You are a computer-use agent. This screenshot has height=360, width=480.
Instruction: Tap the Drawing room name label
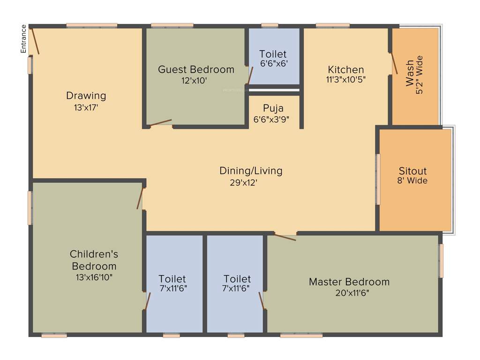coord(86,96)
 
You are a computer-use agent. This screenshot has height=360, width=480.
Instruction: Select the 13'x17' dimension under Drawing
coord(86,107)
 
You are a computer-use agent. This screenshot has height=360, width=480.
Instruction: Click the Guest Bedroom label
coord(196,70)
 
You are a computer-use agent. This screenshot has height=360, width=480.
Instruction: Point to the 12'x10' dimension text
coord(195,81)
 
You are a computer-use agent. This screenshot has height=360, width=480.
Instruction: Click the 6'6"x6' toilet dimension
coord(273,64)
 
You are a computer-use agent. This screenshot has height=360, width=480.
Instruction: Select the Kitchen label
coord(345,70)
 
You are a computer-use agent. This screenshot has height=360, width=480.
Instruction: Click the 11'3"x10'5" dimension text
coord(346,80)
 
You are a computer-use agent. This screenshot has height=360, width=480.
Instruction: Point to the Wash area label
coord(410,73)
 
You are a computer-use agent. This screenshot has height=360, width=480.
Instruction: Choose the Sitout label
coord(412,171)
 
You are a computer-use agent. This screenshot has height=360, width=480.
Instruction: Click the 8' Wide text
coord(412,180)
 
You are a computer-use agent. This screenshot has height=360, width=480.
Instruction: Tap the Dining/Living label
coord(251,171)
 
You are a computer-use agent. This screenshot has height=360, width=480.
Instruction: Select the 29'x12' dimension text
coord(244,183)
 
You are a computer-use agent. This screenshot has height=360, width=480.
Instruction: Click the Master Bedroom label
coord(349,282)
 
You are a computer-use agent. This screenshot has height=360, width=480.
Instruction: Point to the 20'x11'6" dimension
coord(349,293)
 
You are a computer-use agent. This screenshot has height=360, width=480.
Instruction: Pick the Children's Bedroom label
coord(94,260)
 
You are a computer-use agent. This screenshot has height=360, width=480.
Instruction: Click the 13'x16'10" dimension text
coord(94,277)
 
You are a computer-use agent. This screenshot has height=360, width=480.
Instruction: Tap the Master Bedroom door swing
coord(285,237)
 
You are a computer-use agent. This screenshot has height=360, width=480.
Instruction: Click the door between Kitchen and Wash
coord(394,63)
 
